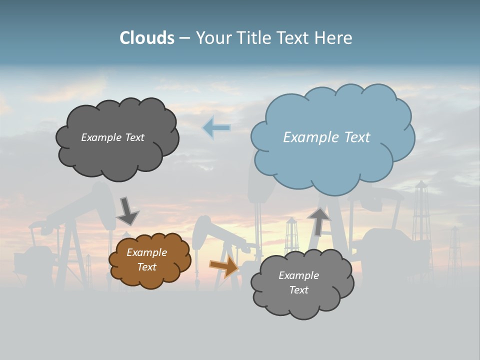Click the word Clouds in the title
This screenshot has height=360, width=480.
tap(147, 38)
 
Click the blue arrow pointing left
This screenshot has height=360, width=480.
tap(216, 128)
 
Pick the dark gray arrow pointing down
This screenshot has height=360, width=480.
tap(127, 211)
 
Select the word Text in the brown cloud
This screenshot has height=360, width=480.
tap(147, 267)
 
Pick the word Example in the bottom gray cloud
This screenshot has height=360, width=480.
tap(298, 275)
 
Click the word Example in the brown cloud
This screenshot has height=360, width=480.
tap(147, 252)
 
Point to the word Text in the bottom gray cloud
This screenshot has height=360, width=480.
tap(298, 290)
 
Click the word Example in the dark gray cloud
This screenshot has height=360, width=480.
tap(101, 137)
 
